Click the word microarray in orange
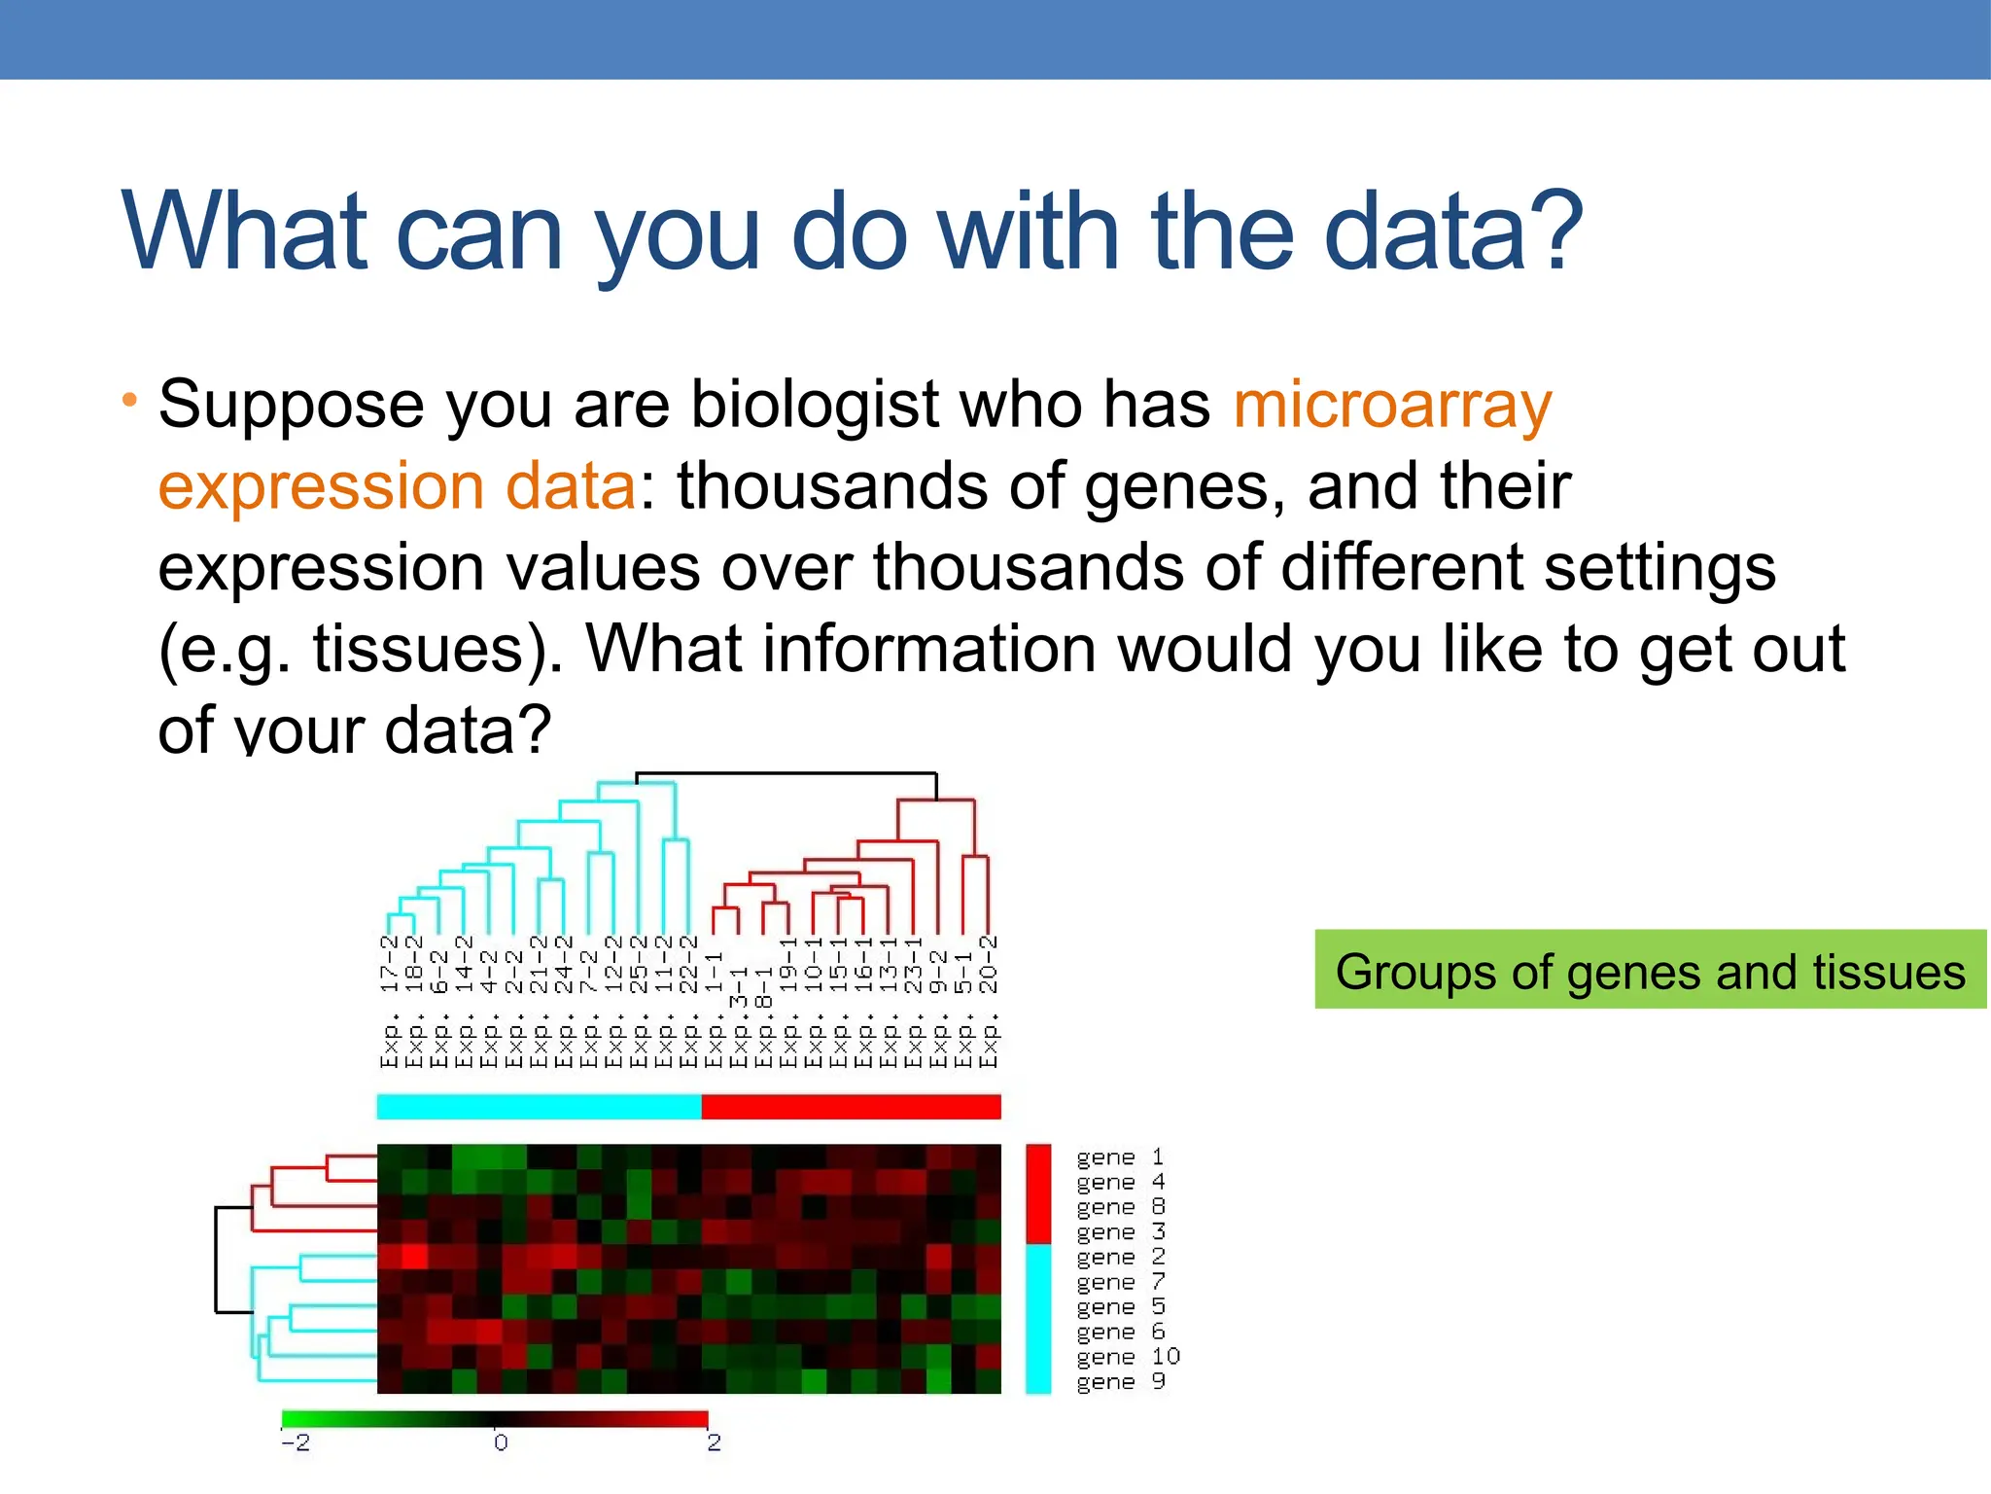(x=1392, y=406)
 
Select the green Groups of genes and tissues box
(x=1650, y=970)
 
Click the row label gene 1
(x=1119, y=1157)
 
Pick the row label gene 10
(x=1127, y=1357)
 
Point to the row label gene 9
(x=1119, y=1382)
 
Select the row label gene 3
(x=1119, y=1232)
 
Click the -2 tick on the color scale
(x=295, y=1443)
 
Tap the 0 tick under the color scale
(x=500, y=1443)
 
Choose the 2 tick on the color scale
(x=714, y=1443)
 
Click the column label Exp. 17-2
(x=390, y=1002)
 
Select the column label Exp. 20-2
(x=989, y=1002)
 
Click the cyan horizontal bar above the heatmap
(x=539, y=1107)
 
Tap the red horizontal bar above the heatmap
(x=851, y=1107)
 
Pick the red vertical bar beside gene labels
(x=1038, y=1193)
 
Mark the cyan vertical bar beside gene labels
(x=1038, y=1319)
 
